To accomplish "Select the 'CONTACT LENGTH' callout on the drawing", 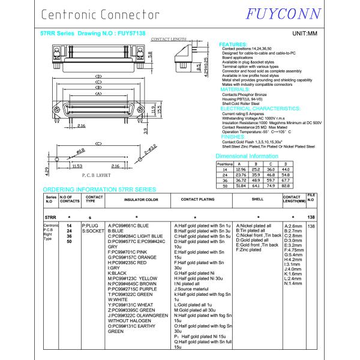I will (169, 39).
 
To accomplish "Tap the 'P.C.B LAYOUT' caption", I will (95, 176).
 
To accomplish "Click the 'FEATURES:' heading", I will (233, 44).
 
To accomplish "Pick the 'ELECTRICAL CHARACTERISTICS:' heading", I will (260, 109).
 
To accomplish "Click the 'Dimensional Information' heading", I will (251, 155).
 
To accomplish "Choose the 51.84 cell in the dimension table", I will (241, 185).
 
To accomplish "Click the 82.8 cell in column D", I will (286, 185).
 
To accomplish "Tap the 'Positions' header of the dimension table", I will (224, 163).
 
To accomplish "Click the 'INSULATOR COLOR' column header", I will (141, 199).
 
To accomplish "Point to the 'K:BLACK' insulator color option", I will (118, 273).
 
